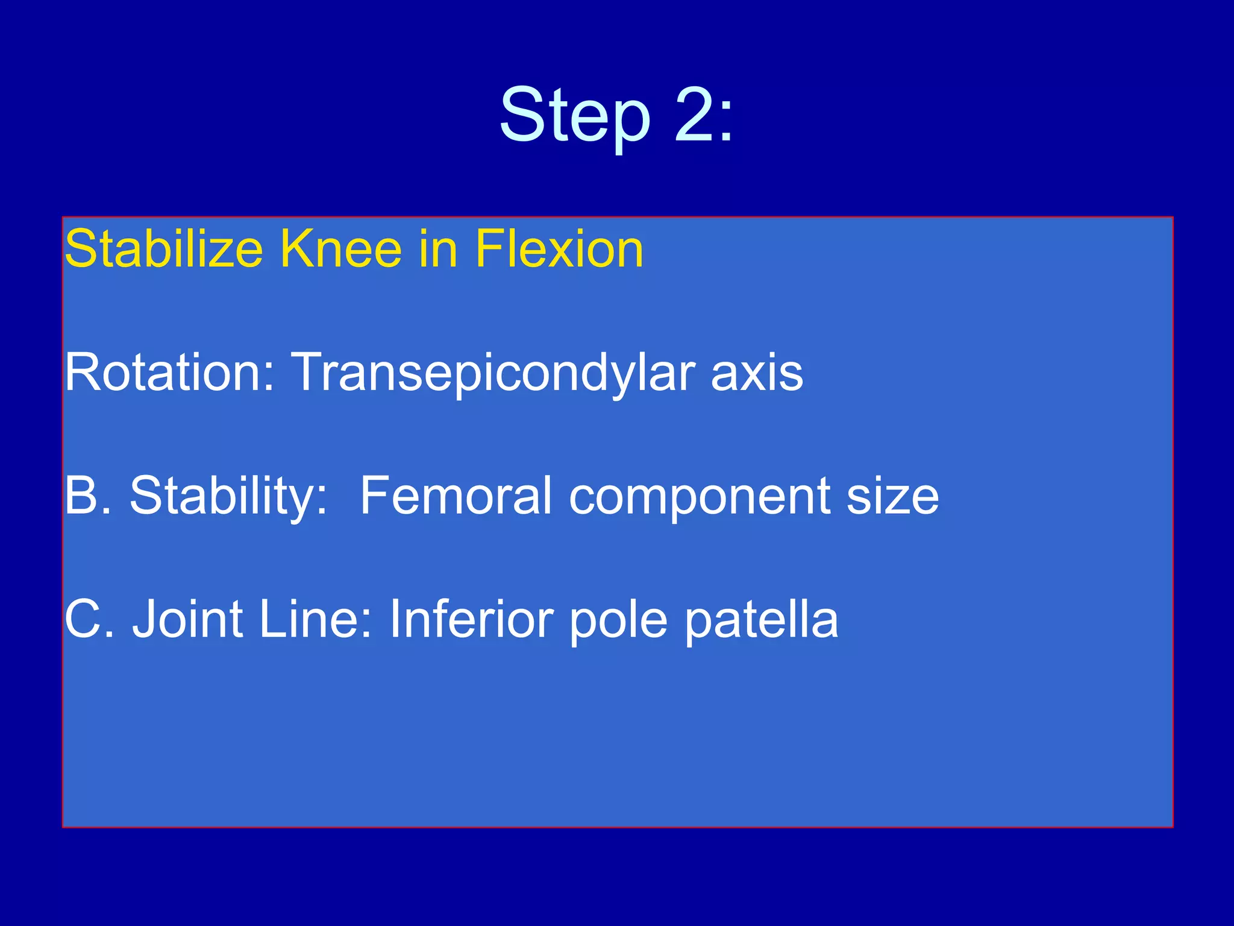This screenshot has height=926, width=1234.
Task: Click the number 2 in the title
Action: click(x=694, y=115)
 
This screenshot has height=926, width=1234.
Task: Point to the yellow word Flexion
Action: click(x=559, y=249)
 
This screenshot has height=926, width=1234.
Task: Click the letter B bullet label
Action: click(x=81, y=496)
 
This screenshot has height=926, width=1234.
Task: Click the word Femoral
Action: click(x=456, y=496)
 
